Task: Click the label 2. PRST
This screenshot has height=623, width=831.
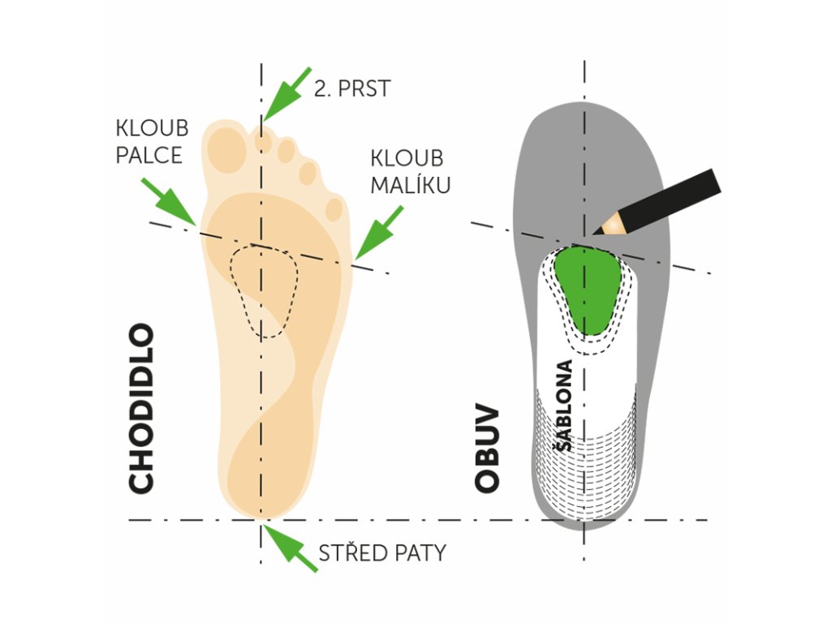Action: (352, 88)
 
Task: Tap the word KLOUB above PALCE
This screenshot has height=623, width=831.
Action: (153, 128)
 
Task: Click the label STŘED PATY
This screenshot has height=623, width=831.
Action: (382, 553)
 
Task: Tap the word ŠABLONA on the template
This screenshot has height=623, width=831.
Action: (564, 406)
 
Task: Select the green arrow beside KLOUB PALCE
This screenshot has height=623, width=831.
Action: (169, 201)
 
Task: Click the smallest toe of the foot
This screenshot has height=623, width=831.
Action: (334, 208)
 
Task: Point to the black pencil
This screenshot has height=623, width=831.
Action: (665, 201)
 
